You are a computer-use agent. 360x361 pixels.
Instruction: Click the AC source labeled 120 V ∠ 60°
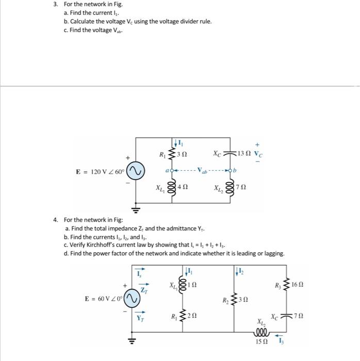136,171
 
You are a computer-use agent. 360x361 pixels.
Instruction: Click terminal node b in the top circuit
235,169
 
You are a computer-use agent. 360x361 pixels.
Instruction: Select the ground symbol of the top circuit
136,210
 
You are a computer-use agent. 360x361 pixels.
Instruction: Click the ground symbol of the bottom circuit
132,340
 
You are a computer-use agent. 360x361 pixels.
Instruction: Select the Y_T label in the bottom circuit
140,318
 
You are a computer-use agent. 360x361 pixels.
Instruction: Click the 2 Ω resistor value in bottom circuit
191,315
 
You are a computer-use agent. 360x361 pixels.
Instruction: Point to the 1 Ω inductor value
192,285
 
